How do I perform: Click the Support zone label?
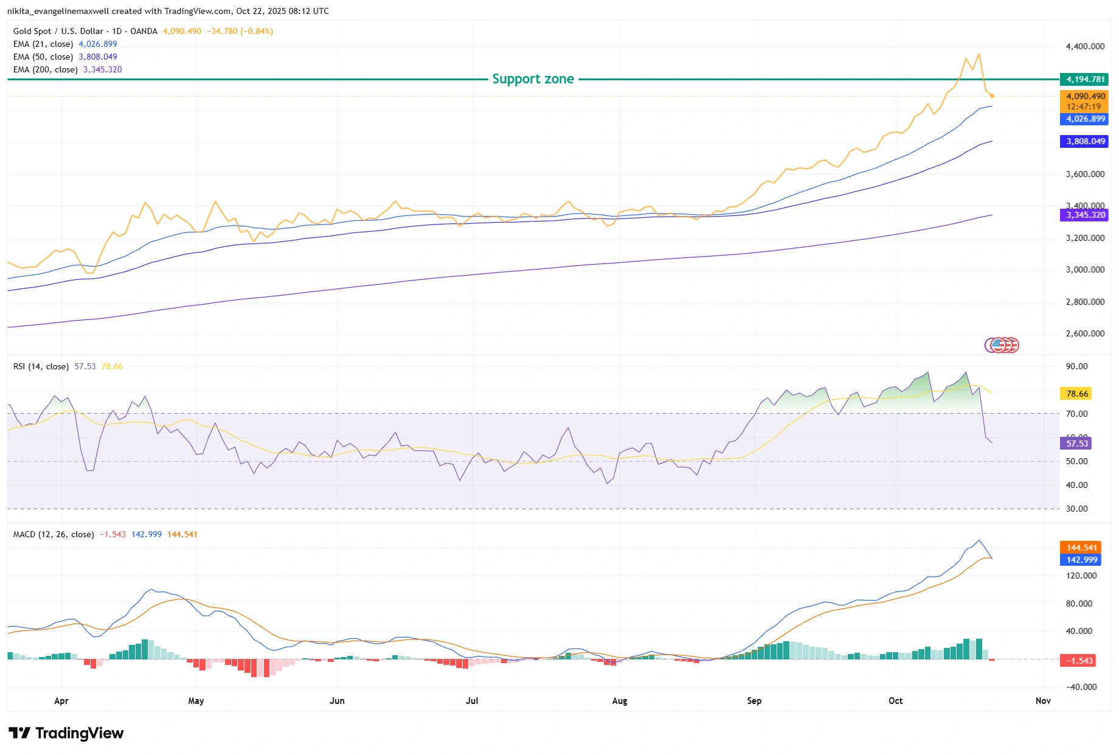point(533,79)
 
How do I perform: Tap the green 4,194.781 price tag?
point(1085,79)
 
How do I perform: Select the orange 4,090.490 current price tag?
point(1085,96)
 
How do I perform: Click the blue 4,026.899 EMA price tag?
point(1085,119)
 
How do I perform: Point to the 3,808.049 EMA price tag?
point(1085,142)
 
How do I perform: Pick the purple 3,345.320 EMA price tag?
point(1085,215)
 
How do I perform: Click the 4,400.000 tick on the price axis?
point(1085,46)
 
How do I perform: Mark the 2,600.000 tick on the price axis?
point(1085,334)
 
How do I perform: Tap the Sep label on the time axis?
point(754,701)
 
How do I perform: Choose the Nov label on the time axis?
point(1043,701)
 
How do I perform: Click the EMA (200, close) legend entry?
point(46,70)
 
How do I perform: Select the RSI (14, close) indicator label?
point(41,367)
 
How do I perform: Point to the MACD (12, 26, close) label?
point(54,535)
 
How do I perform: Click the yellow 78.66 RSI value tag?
point(1076,394)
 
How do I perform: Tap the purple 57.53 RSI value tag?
point(1076,444)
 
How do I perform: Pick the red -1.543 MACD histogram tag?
point(1079,661)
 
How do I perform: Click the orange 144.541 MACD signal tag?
point(1081,548)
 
